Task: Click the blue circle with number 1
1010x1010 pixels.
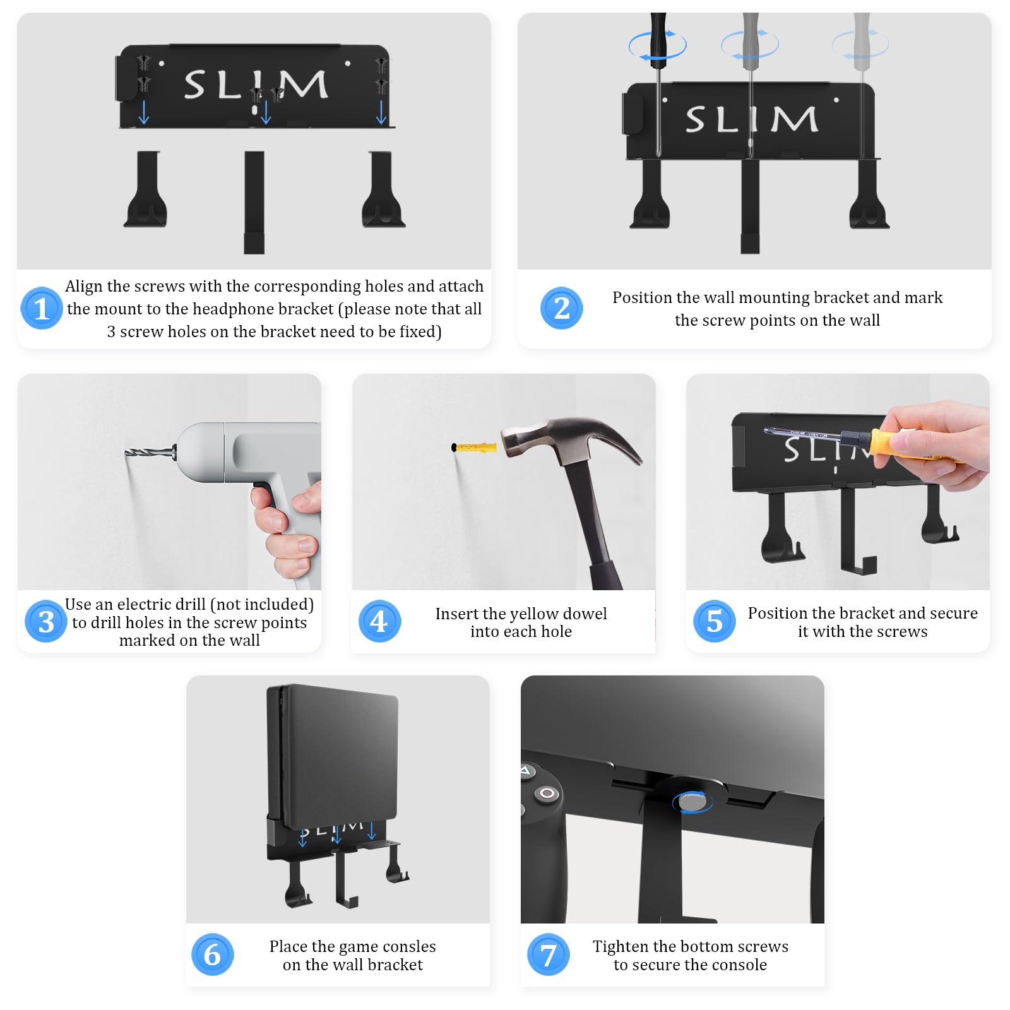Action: click(41, 308)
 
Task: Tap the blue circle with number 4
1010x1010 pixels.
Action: click(379, 621)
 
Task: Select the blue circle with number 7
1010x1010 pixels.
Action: click(548, 954)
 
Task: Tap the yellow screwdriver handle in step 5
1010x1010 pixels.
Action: click(896, 443)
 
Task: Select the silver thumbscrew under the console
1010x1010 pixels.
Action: click(693, 802)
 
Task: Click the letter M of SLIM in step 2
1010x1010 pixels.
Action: click(793, 119)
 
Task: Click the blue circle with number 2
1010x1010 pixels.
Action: click(561, 308)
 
